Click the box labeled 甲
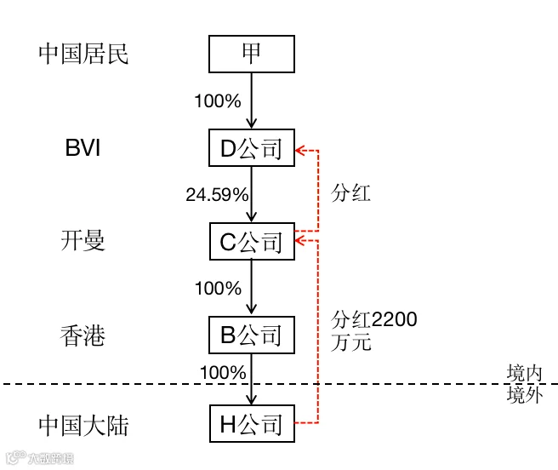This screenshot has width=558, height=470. click(252, 54)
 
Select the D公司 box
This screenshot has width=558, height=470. click(252, 147)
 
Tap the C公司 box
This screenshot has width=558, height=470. click(252, 241)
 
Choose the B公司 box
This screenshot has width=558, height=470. click(252, 335)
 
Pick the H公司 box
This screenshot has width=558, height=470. click(252, 424)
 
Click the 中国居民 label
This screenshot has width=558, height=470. click(83, 54)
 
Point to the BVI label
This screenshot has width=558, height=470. click(83, 147)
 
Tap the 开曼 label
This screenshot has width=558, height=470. click(83, 240)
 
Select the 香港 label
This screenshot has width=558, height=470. click(83, 335)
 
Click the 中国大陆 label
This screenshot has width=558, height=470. click(83, 425)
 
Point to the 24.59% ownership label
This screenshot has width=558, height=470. click(217, 195)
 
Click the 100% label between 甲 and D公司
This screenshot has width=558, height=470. click(218, 100)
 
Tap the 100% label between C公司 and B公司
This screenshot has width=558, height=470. click(218, 289)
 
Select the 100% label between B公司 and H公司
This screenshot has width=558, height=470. click(223, 373)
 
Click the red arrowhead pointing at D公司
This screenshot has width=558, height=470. click(299, 151)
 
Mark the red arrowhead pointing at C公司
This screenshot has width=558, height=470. click(299, 241)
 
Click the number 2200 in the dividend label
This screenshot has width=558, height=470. click(395, 319)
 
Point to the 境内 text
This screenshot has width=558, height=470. click(525, 373)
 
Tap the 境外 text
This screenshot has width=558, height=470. click(525, 395)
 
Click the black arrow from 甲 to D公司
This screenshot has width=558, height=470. click(252, 100)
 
